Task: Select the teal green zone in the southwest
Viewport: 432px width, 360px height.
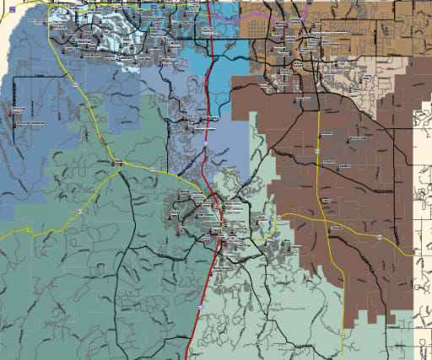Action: click(67, 278)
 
